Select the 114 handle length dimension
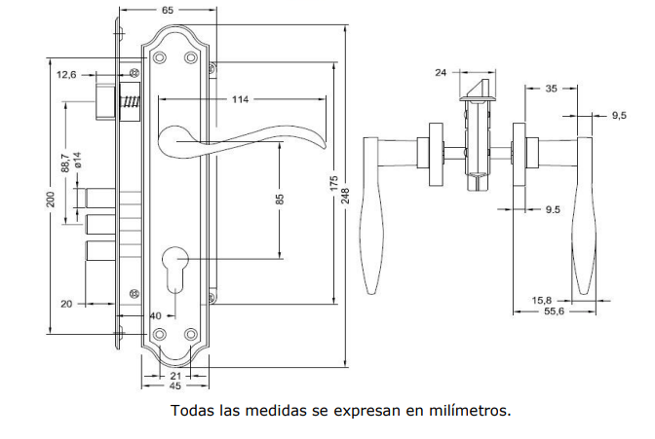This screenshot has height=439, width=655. [239, 100]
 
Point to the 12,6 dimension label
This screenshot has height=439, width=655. [67, 74]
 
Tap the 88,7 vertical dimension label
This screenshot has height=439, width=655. [64, 162]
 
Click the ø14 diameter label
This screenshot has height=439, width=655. [76, 162]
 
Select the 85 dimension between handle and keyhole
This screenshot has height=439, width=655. [280, 201]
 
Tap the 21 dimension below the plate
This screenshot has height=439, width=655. [176, 376]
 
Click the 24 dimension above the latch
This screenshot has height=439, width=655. [440, 72]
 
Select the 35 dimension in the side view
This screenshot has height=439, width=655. [551, 89]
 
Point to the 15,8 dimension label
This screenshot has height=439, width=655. [542, 300]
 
